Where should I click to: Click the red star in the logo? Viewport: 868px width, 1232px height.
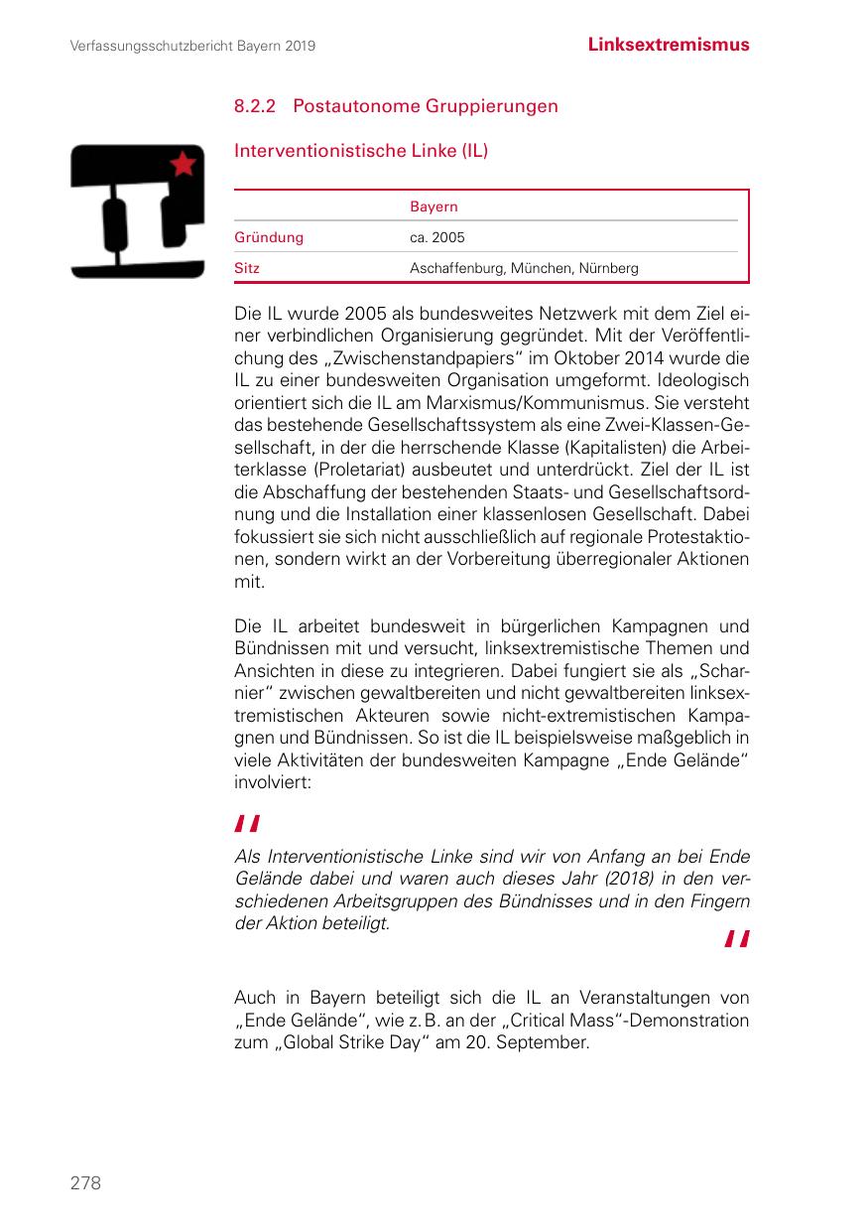(x=184, y=164)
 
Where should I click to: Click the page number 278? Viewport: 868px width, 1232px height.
(x=85, y=1182)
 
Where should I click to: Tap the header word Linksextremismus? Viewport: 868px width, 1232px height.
(x=668, y=45)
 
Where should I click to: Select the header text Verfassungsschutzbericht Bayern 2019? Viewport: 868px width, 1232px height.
(x=192, y=47)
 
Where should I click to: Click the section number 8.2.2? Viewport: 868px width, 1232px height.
(x=255, y=105)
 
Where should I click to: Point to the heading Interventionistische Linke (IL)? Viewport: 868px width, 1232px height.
(x=361, y=151)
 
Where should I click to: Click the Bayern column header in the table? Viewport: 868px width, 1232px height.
(x=434, y=206)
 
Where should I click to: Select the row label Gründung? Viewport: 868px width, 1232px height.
(x=269, y=237)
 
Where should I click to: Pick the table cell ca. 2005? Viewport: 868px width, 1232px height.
(x=436, y=237)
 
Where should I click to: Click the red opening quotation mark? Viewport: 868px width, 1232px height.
(x=247, y=823)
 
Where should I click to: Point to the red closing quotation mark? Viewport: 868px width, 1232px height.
(x=736, y=939)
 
